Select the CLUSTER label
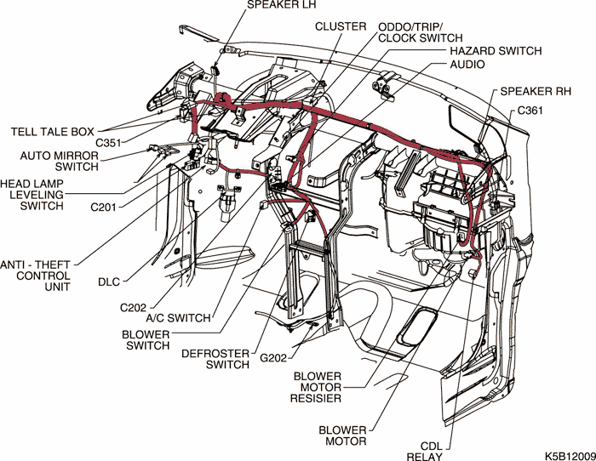[x=341, y=26]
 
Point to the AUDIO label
[x=467, y=65]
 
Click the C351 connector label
[x=110, y=143]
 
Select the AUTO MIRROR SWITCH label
[x=60, y=161]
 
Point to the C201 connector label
[x=106, y=207]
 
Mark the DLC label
[x=109, y=280]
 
